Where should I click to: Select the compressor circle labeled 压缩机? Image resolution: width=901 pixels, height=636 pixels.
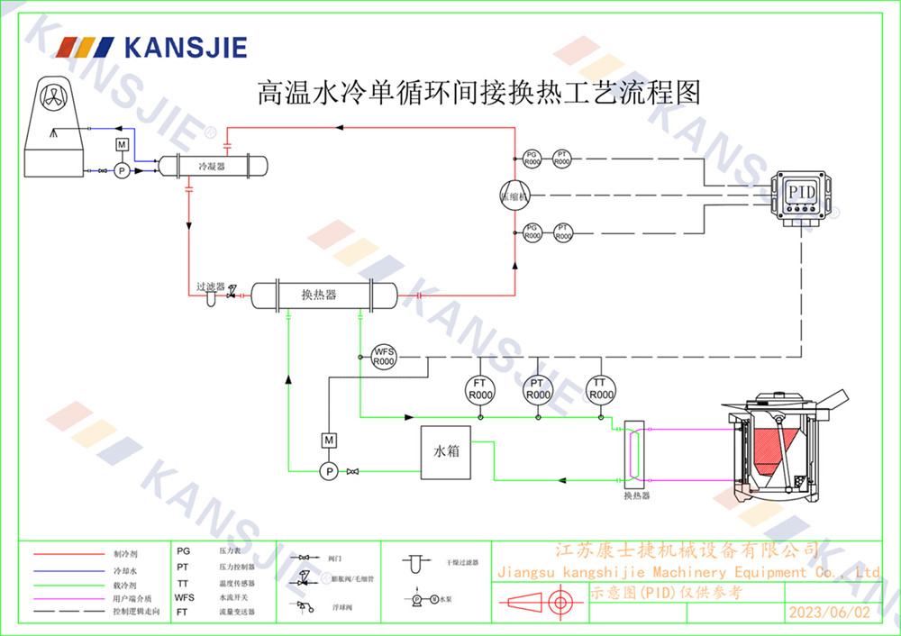tap(515, 195)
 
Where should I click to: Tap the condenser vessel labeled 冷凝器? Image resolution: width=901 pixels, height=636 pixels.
tap(214, 166)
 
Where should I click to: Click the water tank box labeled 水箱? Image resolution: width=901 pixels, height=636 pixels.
tap(446, 450)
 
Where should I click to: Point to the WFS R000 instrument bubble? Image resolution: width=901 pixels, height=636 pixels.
tap(385, 355)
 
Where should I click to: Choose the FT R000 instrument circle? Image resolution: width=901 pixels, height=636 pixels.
tap(480, 389)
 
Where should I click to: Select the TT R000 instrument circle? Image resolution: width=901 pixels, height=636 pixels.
tap(599, 388)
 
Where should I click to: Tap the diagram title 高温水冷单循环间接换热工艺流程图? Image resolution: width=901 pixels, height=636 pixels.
tap(478, 92)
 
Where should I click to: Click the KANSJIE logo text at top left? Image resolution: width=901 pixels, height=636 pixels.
tap(185, 47)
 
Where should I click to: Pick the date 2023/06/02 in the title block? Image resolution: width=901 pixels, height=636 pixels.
tap(830, 613)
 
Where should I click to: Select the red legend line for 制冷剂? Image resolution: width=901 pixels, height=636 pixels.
tap(69, 554)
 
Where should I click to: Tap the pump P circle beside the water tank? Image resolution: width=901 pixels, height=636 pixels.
tap(329, 471)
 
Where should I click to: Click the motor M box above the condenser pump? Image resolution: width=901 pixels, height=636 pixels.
tap(122, 146)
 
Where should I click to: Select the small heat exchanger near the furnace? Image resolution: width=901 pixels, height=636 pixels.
tap(636, 454)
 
